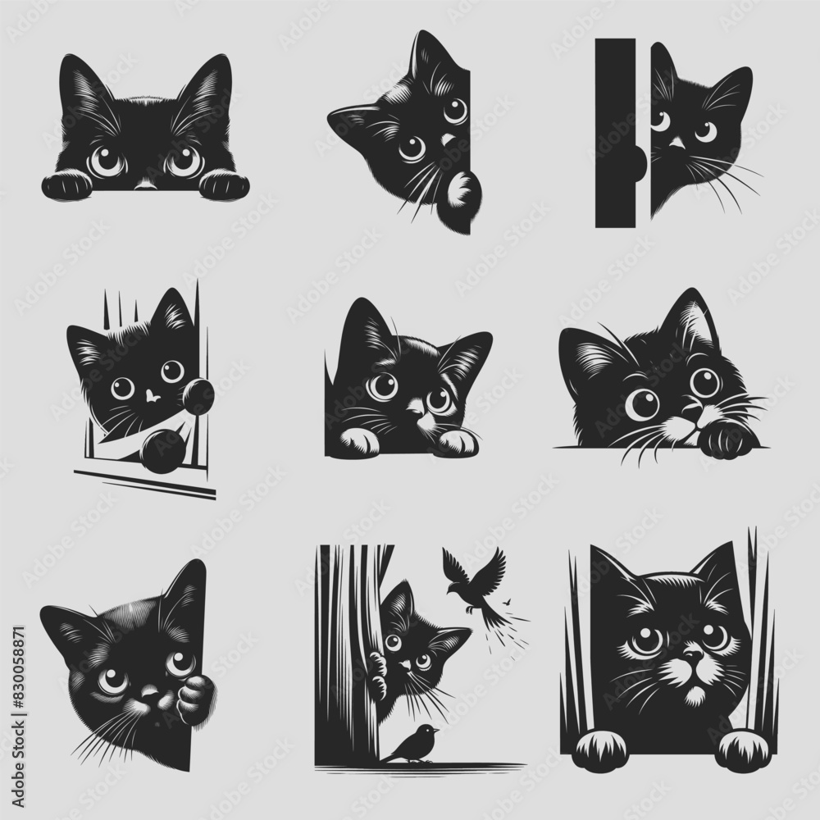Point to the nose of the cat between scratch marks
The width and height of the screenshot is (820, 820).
click(x=694, y=656)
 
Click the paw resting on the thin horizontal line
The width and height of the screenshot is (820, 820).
click(x=722, y=439)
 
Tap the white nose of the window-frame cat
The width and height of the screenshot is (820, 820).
click(x=151, y=396)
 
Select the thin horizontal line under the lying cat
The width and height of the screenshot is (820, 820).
click(x=623, y=447)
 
